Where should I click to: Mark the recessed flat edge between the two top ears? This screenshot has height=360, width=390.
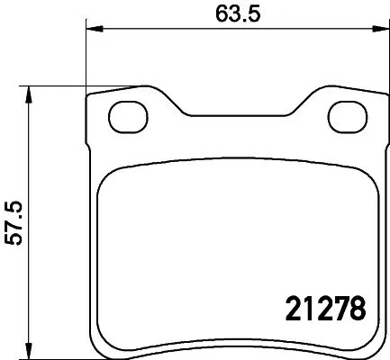pos(236,115)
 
